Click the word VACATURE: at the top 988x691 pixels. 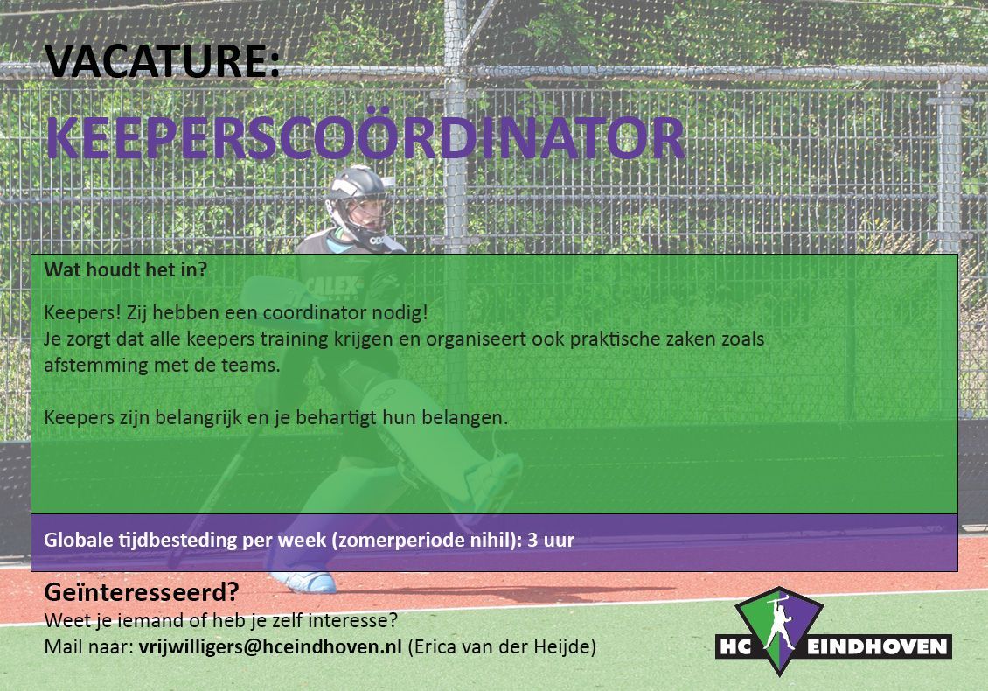click(162, 60)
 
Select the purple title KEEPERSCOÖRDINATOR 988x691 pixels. click(365, 138)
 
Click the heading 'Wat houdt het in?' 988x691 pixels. click(125, 270)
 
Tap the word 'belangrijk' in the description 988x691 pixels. click(209, 418)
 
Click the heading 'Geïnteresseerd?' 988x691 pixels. click(142, 592)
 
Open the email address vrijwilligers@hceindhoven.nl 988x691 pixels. click(270, 647)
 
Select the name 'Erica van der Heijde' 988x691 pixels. click(502, 647)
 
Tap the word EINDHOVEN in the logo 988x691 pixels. click(878, 647)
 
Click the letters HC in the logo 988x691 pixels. click(734, 647)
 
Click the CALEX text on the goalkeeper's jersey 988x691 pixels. click(334, 287)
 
